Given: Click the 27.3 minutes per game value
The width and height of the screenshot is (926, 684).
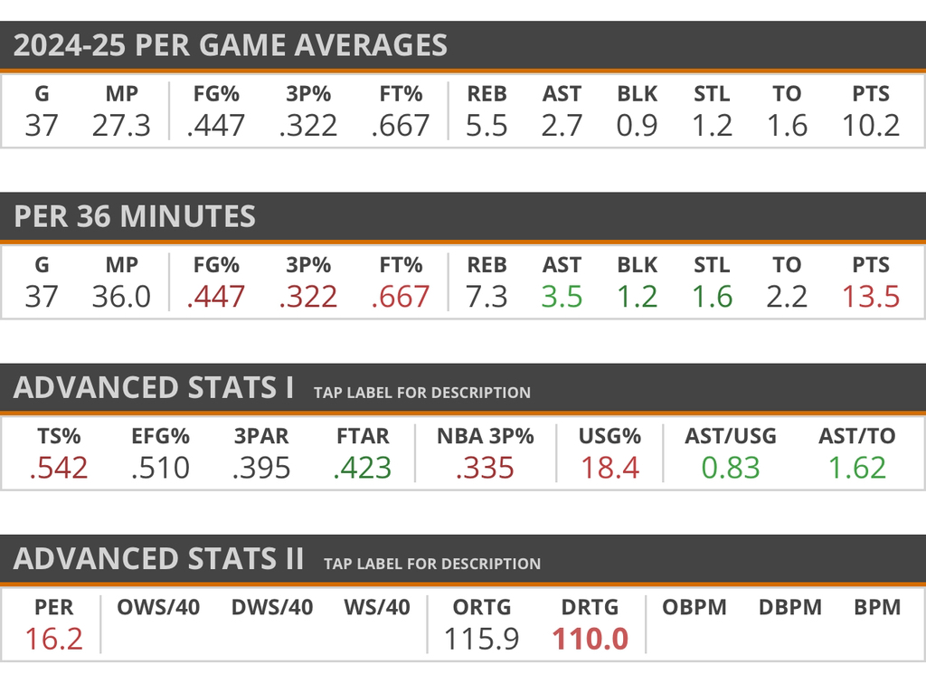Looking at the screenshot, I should tap(121, 125).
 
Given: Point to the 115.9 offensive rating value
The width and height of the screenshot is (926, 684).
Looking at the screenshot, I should tap(482, 639).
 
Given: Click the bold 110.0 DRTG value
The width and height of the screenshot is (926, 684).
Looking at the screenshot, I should tap(590, 639).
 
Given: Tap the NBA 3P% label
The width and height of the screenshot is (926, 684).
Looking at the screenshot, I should tap(485, 436).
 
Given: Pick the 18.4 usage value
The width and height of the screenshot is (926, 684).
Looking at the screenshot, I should tap(609, 468).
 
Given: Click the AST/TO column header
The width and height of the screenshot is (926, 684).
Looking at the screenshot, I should tap(856, 436).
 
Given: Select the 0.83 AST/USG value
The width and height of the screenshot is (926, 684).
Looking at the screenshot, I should tap(730, 468).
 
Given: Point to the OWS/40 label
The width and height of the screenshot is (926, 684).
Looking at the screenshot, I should tap(158, 607).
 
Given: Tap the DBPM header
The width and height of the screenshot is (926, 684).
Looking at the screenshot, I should tap(789, 607).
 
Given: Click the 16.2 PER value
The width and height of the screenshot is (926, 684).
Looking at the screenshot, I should tap(53, 639).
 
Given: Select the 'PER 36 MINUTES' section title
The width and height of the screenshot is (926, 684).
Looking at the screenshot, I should tap(135, 216).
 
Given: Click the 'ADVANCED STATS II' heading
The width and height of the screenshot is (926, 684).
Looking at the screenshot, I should tap(158, 558).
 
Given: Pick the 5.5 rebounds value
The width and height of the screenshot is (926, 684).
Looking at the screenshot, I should tap(486, 125).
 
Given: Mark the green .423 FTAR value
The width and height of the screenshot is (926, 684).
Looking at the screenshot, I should tap(362, 468).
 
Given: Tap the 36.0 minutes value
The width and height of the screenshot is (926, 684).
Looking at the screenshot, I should tap(121, 297).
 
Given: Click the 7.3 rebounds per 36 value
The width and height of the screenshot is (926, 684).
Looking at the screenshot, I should tap(486, 297).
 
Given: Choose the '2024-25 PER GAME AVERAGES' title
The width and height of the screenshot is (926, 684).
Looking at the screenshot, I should tap(231, 45).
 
